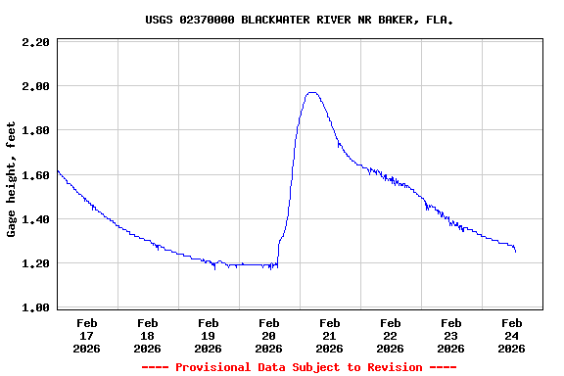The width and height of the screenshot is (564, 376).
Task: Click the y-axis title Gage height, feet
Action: tap(12, 179)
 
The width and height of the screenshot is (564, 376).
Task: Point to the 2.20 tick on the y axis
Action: tap(35, 43)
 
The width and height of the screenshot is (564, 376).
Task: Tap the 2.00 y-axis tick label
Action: tap(35, 87)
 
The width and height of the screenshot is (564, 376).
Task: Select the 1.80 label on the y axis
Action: tap(35, 131)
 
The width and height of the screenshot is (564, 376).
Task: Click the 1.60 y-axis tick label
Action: tap(35, 176)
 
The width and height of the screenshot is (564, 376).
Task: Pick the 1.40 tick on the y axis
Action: tap(35, 220)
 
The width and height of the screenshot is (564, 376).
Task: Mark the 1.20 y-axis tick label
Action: tap(35, 264)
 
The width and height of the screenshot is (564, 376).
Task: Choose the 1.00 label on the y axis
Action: tap(35, 308)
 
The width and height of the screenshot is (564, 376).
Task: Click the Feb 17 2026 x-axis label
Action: tap(87, 335)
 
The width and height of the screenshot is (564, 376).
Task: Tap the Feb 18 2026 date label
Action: tap(148, 335)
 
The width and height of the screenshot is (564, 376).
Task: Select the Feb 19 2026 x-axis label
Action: tap(209, 335)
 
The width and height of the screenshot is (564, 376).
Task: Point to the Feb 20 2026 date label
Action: tap(269, 335)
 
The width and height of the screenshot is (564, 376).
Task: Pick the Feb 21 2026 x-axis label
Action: tap(330, 335)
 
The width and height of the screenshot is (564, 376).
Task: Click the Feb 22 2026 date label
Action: tap(391, 335)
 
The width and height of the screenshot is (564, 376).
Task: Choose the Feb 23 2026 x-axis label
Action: tap(451, 335)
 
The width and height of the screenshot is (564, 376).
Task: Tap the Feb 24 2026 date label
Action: tap(512, 335)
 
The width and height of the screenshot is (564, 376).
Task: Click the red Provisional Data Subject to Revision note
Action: tap(299, 367)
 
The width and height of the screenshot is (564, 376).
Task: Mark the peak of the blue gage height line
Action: tap(312, 93)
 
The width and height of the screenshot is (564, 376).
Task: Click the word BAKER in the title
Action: tap(392, 20)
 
